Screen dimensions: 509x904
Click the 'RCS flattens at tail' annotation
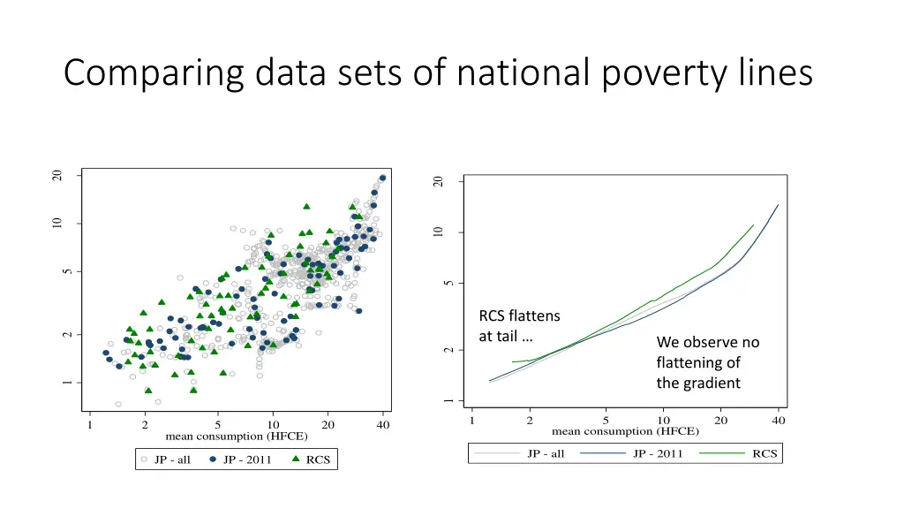[519, 326]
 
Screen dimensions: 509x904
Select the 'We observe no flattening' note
[707, 362]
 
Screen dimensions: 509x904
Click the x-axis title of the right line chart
[625, 432]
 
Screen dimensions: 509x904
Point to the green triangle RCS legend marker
[296, 460]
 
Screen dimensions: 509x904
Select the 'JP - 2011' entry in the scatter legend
[246, 460]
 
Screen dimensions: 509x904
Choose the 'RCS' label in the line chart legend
[765, 454]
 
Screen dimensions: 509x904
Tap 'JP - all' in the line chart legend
[546, 454]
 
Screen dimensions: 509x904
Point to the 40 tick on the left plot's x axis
[383, 425]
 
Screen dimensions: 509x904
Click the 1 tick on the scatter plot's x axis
[89, 425]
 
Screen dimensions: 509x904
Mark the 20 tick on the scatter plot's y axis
[57, 176]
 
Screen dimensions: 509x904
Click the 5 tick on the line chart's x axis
[606, 420]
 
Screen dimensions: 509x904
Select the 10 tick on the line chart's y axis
[438, 232]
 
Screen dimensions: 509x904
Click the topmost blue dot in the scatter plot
[382, 178]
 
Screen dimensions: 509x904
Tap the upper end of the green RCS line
[753, 224]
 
